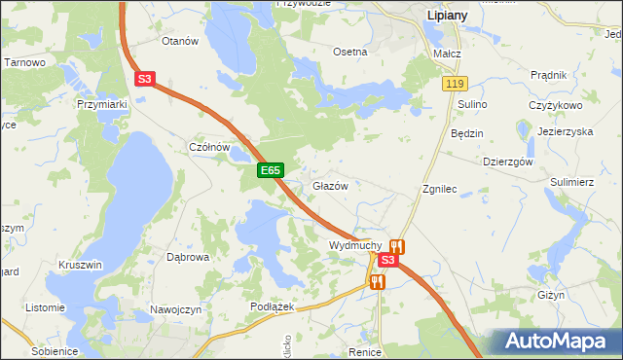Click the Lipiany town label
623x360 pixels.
click(451, 17)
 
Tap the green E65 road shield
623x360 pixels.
click(271, 170)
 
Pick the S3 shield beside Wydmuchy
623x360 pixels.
click(387, 260)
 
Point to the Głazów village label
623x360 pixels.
click(330, 186)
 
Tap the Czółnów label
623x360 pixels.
click(207, 147)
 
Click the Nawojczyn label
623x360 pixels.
click(175, 309)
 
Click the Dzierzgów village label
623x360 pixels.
click(508, 162)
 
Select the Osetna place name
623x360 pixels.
click(350, 52)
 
